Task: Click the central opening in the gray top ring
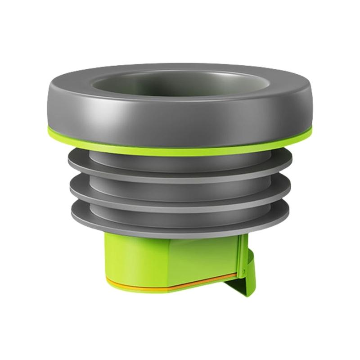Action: point(180,85)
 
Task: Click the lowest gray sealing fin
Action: point(180,220)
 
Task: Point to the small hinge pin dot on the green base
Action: point(243,271)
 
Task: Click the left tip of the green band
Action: point(49,132)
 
